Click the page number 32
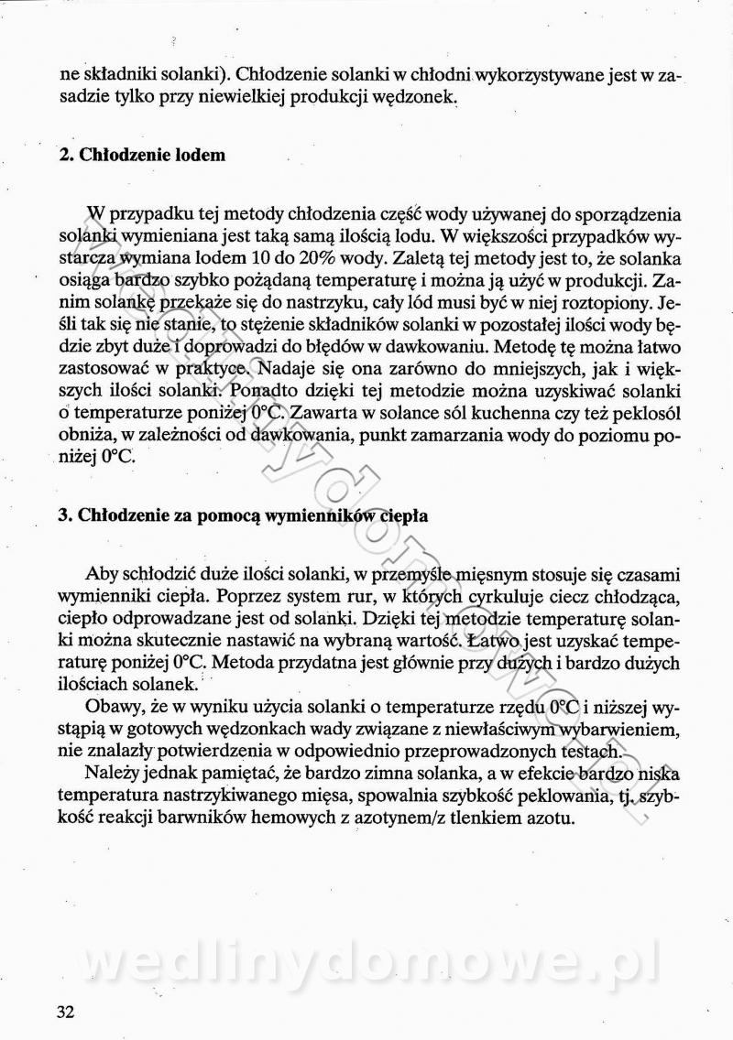click(x=65, y=1012)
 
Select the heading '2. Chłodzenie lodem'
click(x=142, y=155)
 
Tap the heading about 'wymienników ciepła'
click(x=243, y=515)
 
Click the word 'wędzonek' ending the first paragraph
click(x=422, y=97)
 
